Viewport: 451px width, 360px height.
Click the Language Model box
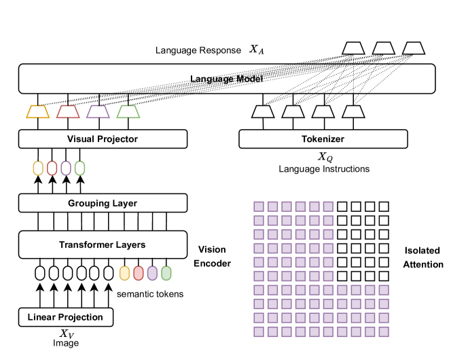[226, 79]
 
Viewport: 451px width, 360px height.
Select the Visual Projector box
[103, 139]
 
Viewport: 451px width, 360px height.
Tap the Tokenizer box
[323, 139]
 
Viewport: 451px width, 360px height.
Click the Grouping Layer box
[103, 203]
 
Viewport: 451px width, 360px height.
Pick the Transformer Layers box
[103, 245]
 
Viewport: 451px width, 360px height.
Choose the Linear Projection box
[65, 317]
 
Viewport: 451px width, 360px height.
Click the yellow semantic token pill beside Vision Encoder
[124, 273]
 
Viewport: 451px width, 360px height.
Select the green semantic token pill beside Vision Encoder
[166, 273]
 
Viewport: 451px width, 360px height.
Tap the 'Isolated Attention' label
[422, 257]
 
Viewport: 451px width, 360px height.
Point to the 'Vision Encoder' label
[213, 255]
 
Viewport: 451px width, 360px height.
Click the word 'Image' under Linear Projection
[66, 343]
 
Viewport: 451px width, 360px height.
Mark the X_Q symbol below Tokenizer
[325, 158]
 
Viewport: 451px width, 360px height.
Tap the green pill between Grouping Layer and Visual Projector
[80, 167]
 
